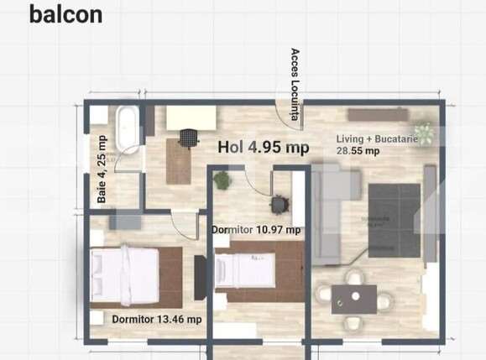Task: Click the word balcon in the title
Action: tap(65, 14)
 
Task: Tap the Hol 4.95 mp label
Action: tap(263, 148)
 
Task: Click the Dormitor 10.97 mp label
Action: tap(255, 229)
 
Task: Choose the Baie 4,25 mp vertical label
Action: tap(102, 170)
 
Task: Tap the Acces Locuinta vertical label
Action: tap(295, 84)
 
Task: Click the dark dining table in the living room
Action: tap(353, 298)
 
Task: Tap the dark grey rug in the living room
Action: tap(394, 220)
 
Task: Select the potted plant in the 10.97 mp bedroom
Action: tap(222, 180)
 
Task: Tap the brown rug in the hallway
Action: tap(178, 161)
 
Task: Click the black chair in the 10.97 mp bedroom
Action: tap(278, 204)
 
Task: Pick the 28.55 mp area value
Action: tap(358, 152)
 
